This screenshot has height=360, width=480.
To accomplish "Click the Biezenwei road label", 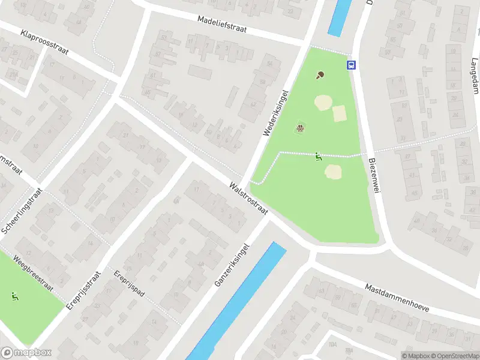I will (x=375, y=176).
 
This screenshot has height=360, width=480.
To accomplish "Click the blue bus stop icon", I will (x=351, y=65).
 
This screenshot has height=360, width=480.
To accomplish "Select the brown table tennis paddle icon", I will (x=320, y=75).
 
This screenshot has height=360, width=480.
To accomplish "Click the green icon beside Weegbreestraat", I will (x=14, y=296).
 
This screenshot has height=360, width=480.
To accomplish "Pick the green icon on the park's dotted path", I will (x=318, y=157).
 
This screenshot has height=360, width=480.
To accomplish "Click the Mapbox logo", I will (x=26, y=353).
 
